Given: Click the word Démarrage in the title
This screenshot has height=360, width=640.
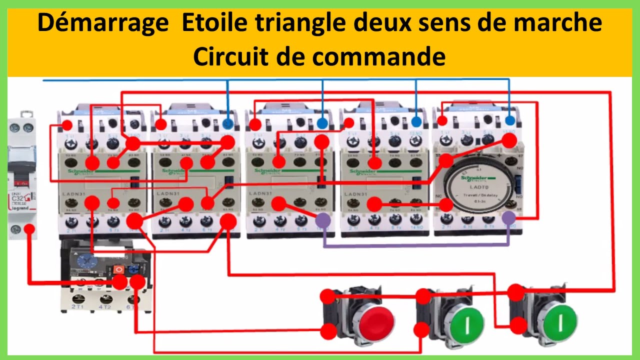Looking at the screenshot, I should (x=103, y=23).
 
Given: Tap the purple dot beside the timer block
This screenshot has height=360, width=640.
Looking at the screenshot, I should (x=509, y=217).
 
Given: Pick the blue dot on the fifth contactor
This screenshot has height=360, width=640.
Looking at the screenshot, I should (x=509, y=120).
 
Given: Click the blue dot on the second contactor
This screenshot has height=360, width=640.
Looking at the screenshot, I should (x=228, y=123).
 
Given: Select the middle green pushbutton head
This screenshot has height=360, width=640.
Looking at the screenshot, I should (x=466, y=320).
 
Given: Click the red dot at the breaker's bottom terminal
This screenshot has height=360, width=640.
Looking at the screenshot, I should (x=29, y=229).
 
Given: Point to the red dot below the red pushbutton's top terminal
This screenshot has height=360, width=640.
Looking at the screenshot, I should (x=328, y=330).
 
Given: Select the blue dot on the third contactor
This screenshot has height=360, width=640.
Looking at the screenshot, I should (x=322, y=122).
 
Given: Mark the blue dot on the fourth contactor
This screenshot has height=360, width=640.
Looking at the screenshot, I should (x=416, y=121).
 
